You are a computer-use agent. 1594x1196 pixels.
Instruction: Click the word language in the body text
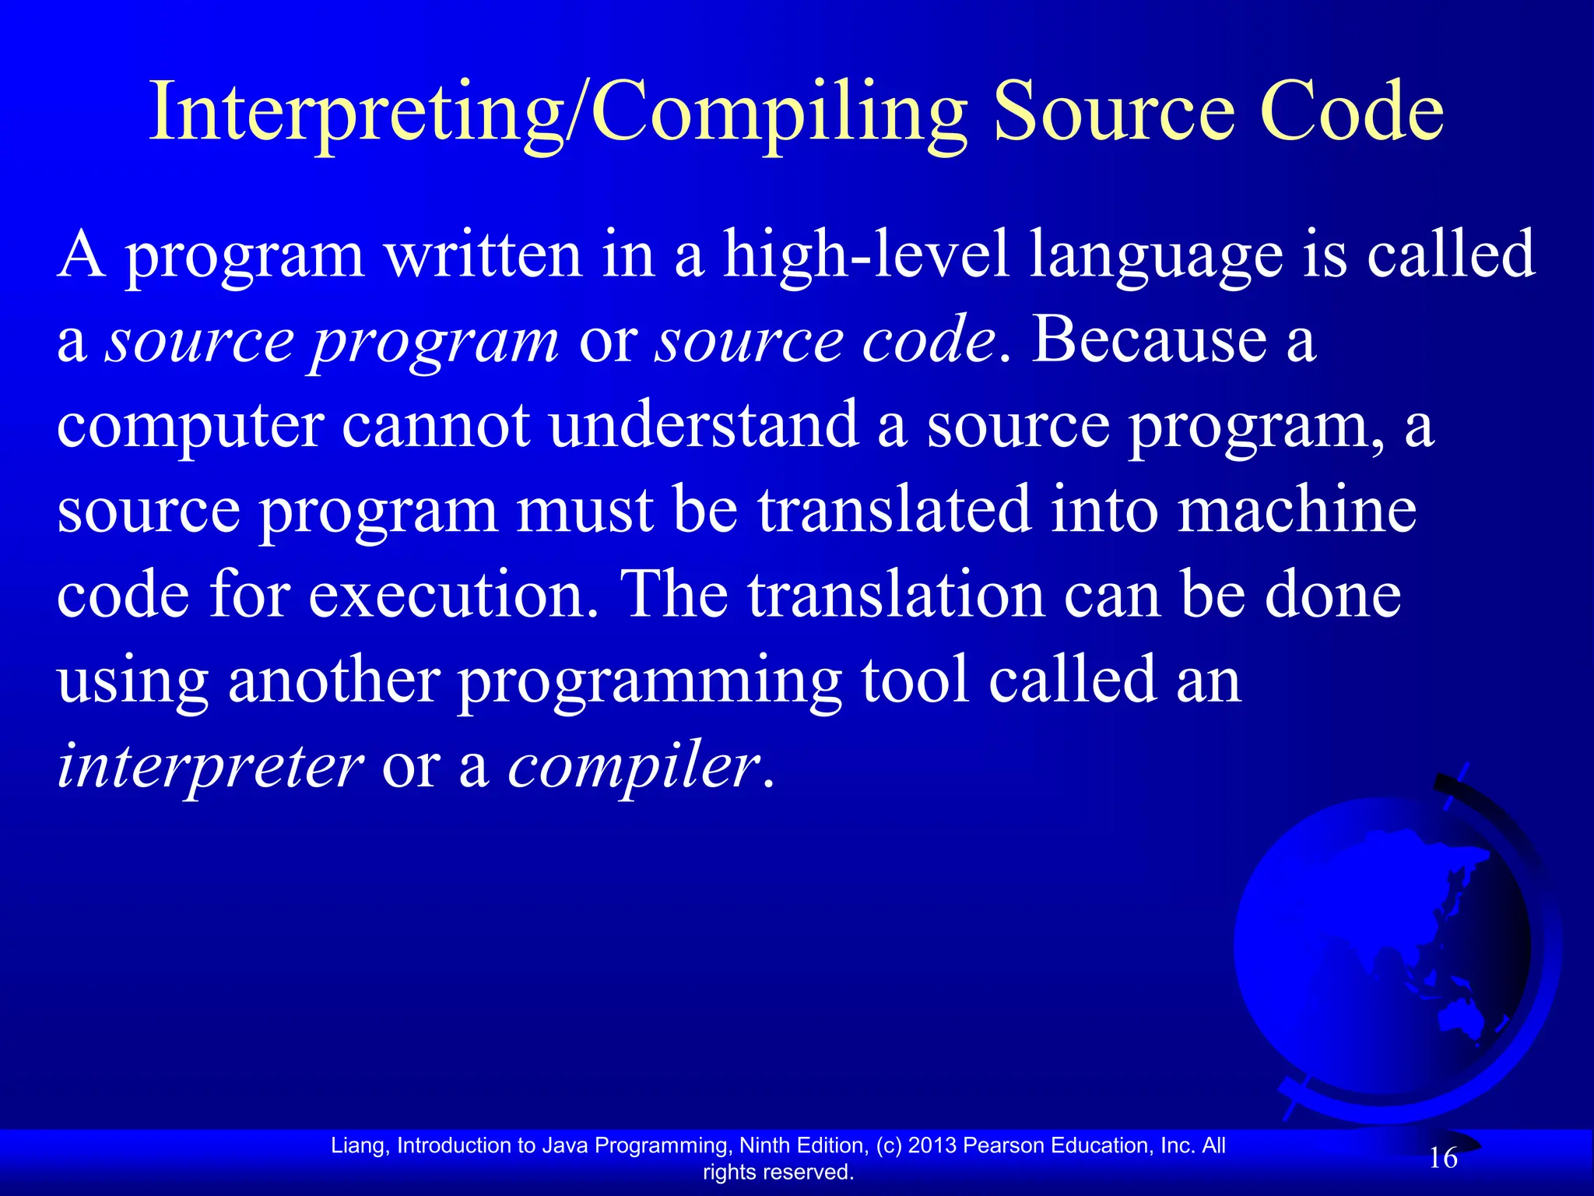(1156, 257)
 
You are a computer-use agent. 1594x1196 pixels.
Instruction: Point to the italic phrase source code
(825, 341)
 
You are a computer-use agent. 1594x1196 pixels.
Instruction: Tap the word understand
(704, 425)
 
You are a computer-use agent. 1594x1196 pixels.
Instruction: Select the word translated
(894, 510)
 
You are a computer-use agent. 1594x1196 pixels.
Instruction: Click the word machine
(1296, 510)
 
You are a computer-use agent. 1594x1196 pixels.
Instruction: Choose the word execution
(453, 596)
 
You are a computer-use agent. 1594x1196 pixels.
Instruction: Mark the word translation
(896, 595)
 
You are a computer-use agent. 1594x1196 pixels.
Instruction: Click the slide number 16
(1443, 1159)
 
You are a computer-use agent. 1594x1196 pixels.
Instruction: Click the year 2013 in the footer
(932, 1145)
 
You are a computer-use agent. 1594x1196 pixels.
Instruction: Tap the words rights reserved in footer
(778, 1172)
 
